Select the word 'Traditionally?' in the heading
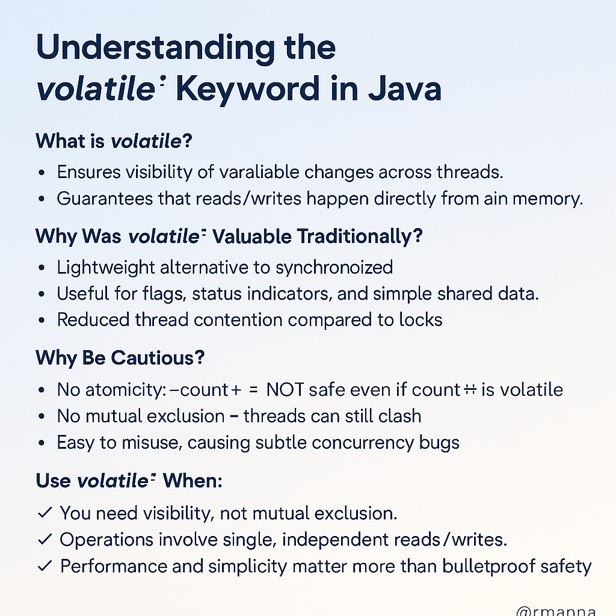pos(360,236)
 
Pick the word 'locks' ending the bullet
pos(420,319)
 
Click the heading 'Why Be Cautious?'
pos(120,358)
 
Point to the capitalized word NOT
pos(285,389)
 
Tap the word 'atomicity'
pos(123,389)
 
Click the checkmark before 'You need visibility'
pos(45,513)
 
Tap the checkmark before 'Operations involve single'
pos(45,540)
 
